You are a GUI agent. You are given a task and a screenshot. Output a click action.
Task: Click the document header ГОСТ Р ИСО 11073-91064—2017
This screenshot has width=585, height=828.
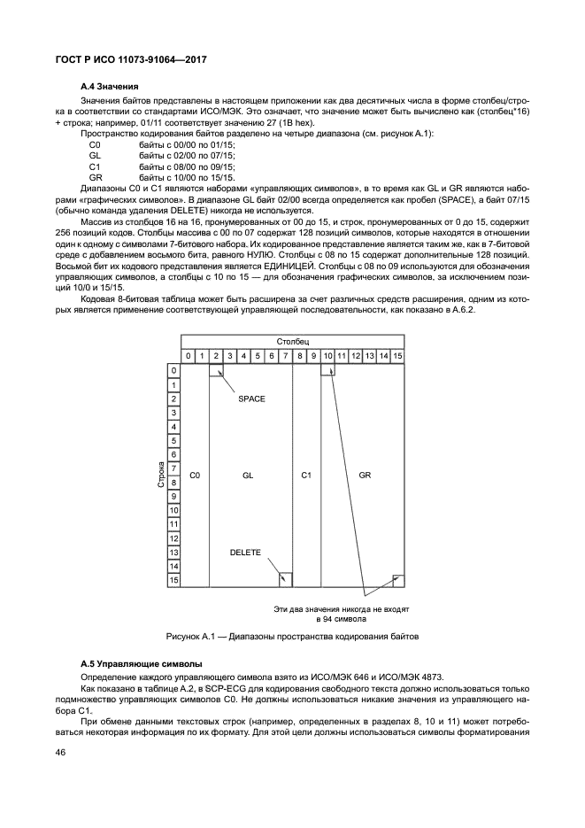(131, 60)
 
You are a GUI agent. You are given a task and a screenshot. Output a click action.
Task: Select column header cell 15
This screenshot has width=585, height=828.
(397, 356)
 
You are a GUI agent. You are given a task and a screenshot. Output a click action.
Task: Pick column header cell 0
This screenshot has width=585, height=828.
(188, 356)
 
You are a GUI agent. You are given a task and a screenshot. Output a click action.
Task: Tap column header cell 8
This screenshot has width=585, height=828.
(299, 356)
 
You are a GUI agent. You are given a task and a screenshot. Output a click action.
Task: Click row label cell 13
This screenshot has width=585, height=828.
(174, 552)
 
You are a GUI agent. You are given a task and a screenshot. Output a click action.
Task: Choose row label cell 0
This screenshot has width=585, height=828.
(174, 370)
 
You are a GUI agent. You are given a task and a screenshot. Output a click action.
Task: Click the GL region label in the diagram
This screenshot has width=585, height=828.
(249, 476)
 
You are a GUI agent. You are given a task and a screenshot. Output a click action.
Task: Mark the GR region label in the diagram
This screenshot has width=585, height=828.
(365, 476)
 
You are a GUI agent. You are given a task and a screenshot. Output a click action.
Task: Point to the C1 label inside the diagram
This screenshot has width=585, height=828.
(306, 476)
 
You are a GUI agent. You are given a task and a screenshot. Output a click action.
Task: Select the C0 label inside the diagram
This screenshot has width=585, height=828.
(195, 476)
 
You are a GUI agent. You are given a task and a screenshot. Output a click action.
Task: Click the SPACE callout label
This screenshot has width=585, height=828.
(252, 399)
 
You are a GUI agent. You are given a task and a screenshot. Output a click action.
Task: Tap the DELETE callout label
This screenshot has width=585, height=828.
(245, 552)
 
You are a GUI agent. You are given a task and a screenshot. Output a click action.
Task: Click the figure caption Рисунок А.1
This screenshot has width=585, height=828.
(292, 637)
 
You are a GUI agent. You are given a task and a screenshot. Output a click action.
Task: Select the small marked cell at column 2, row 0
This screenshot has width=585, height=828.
(216, 370)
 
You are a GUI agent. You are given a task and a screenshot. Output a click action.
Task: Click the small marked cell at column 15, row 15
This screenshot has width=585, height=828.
(398, 579)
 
